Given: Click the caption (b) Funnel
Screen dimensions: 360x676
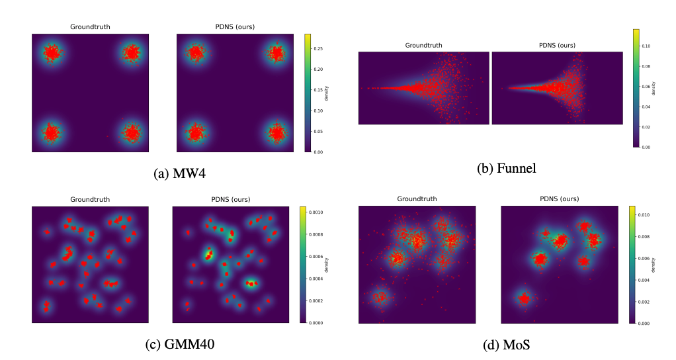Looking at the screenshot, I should pos(506,168).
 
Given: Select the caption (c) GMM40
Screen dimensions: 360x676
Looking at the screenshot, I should pos(179,344).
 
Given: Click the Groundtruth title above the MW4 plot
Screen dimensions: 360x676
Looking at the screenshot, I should pos(91,27).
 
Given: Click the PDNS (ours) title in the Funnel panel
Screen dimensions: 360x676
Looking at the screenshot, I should pos(556,46).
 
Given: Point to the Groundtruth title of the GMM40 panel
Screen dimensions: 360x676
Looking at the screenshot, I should pos(91,199).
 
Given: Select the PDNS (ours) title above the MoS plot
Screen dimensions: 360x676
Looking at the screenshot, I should pos(560,199).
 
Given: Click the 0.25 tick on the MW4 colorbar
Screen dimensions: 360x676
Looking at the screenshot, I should pos(319,48).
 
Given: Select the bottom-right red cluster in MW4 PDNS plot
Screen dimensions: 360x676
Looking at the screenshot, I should pos(275,132).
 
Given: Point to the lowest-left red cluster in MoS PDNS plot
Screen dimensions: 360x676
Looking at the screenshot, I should pos(524,299).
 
